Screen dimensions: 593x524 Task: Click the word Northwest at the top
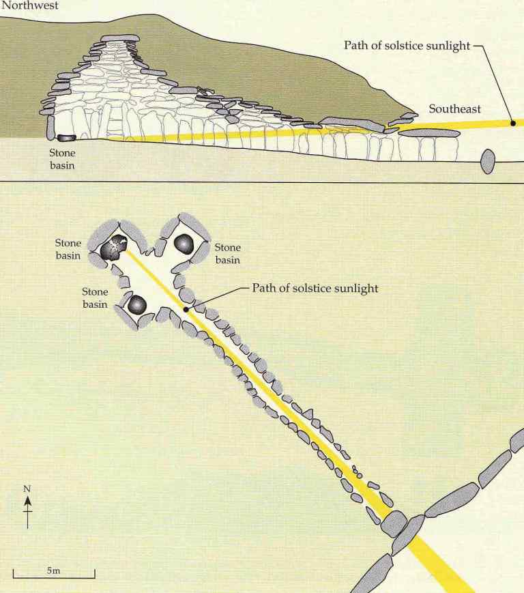tap(29, 5)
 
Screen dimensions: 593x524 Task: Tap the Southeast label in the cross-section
tap(454, 109)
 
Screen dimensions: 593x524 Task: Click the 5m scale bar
tap(54, 577)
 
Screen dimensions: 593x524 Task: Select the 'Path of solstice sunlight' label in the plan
tap(315, 288)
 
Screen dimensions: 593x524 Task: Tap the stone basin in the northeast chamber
tap(184, 244)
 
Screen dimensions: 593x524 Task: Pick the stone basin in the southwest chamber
tap(137, 305)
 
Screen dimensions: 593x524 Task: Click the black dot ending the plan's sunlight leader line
tap(186, 310)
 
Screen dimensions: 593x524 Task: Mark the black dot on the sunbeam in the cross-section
tap(512, 123)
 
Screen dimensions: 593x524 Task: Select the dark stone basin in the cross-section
tap(67, 138)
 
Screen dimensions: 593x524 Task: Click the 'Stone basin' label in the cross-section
tap(61, 159)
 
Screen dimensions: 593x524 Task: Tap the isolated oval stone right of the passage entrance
tap(487, 162)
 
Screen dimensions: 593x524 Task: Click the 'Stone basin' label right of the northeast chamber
tap(228, 253)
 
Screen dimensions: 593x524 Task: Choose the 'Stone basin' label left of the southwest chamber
tap(96, 298)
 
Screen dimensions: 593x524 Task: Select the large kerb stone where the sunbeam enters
tap(394, 525)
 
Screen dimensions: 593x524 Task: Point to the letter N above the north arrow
tap(28, 489)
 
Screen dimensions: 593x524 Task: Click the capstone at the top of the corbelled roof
tap(120, 38)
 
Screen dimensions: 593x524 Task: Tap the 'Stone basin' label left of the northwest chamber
tap(68, 249)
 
